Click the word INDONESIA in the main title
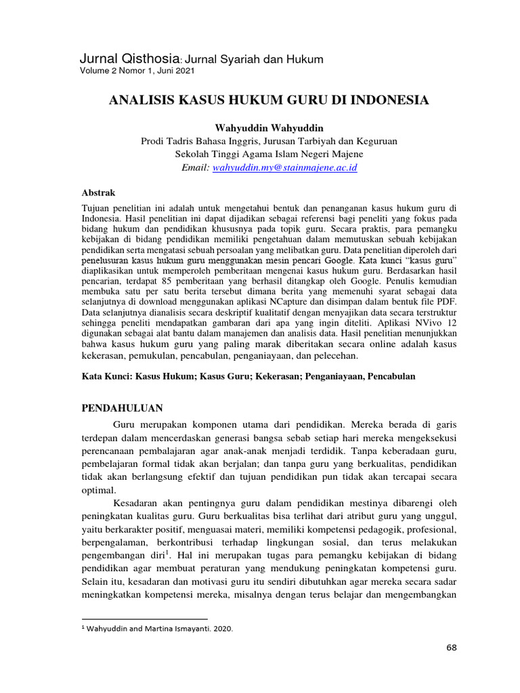388,101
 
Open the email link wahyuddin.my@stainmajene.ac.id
284,167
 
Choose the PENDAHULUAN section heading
122,408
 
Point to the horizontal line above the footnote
144,619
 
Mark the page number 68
452,648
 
